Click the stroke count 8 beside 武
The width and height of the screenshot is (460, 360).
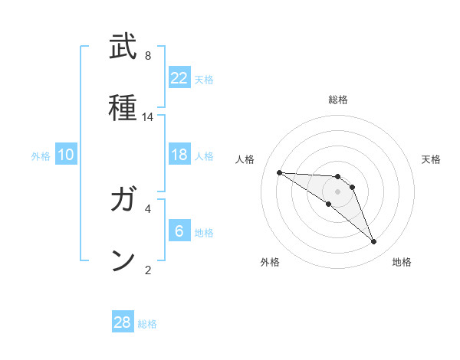pos(148,56)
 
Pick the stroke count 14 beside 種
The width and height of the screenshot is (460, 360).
pos(148,117)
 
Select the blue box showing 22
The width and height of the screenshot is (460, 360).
pos(179,78)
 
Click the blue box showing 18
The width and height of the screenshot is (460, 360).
pos(179,155)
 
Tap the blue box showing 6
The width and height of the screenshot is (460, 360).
pos(179,231)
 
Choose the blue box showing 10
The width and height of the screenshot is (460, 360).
pos(66,155)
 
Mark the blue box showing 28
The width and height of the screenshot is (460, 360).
pos(123,322)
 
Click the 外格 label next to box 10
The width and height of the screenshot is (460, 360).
pos(41,156)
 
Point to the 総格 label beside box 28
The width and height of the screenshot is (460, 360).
pos(147,324)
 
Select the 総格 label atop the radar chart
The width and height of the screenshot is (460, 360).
pos(337,100)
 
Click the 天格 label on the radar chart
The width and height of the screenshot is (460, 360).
pos(431,159)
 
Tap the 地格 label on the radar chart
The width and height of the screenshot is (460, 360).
pos(402,262)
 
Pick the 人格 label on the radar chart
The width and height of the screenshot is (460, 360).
pos(245,159)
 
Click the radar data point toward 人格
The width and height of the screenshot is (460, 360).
pos(279,172)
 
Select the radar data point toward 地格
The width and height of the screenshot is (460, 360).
pos(373,242)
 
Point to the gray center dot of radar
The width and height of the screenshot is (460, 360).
pos(337,191)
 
